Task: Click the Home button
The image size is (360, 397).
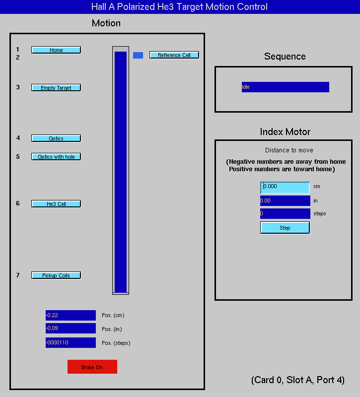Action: [56, 50]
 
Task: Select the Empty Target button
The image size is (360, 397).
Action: [56, 88]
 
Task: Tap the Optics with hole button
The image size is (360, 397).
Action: [56, 157]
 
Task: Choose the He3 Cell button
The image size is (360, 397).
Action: [56, 204]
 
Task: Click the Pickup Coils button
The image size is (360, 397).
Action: [56, 275]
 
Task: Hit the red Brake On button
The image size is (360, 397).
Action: [92, 367]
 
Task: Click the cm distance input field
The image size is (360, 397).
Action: [285, 188]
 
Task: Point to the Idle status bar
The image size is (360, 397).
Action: [285, 87]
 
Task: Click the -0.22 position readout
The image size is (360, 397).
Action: [71, 315]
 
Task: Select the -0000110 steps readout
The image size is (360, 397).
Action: [71, 342]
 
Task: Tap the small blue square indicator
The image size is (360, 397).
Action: [138, 55]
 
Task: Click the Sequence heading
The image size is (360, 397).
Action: [285, 56]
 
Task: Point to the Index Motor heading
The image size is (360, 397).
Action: [285, 132]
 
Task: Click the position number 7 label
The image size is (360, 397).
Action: [18, 275]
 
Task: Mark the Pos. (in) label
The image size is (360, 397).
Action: [112, 329]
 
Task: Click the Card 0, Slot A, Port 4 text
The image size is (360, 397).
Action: [298, 380]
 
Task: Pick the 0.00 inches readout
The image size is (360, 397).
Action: [285, 201]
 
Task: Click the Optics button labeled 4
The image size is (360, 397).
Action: [56, 138]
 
